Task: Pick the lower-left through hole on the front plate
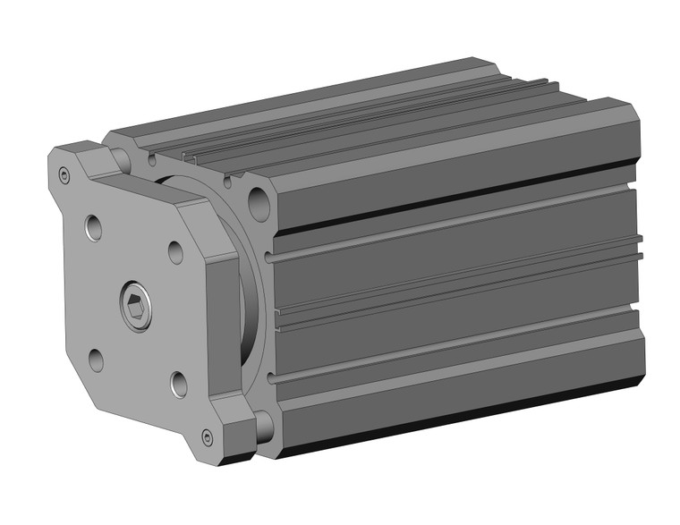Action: pos(96,360)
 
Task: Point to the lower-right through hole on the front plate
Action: pos(177,385)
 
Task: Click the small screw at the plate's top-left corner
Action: pos(64,174)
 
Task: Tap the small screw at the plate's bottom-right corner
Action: pos(208,436)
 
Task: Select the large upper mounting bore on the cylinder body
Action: pos(259,200)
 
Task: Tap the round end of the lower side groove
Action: pos(270,379)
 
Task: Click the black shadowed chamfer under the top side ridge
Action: pos(447,197)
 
